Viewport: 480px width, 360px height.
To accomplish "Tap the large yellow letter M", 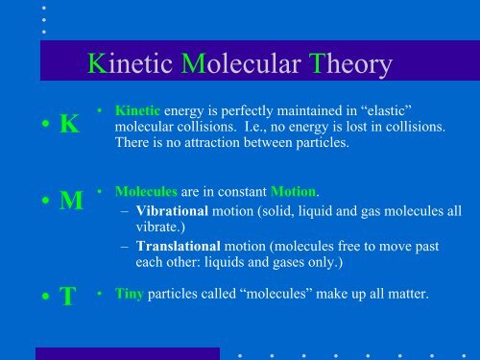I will click(70, 203).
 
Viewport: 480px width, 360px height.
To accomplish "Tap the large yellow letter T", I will click(67, 296).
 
